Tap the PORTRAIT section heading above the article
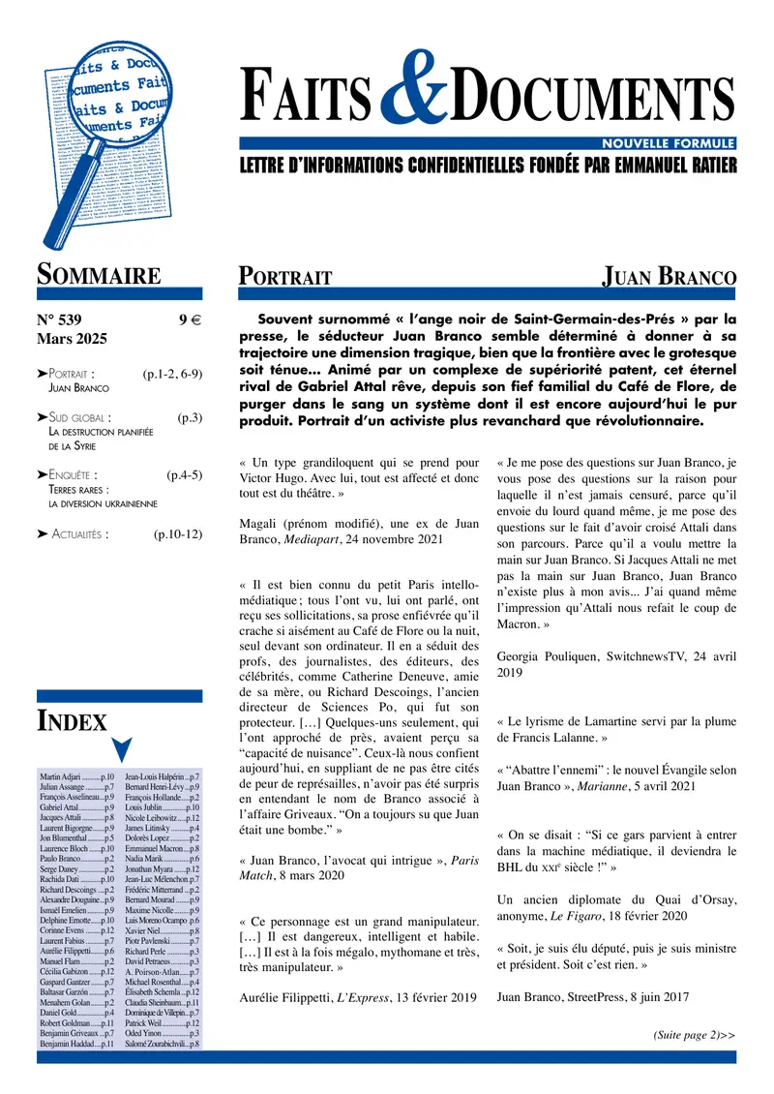[285, 277]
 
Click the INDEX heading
[72, 719]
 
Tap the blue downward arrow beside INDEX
[122, 747]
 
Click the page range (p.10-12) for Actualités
[177, 532]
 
